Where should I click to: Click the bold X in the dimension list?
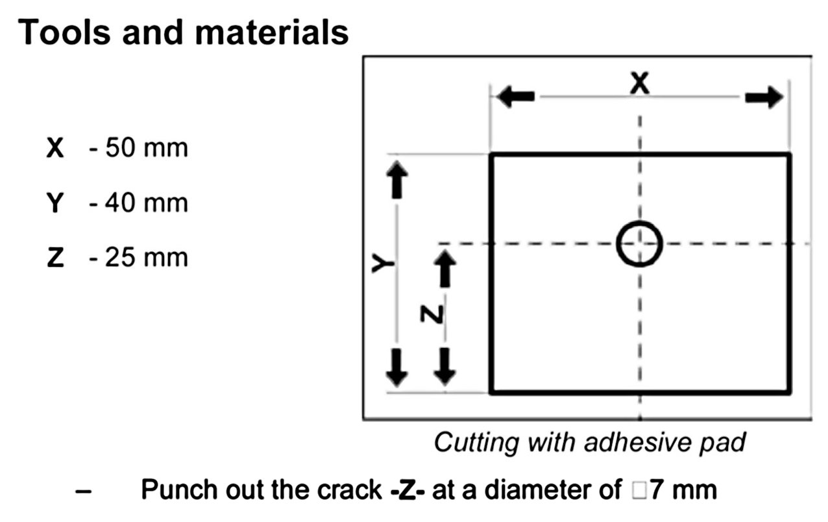[x=55, y=149]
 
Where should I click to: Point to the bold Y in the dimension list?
[x=55, y=203]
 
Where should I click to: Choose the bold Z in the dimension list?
[x=55, y=258]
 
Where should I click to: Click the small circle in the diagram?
[x=639, y=243]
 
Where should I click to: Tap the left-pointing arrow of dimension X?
[x=517, y=97]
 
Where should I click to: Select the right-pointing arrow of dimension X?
[x=764, y=97]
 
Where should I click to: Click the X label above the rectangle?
[x=640, y=84]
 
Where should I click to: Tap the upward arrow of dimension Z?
[x=444, y=269]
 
